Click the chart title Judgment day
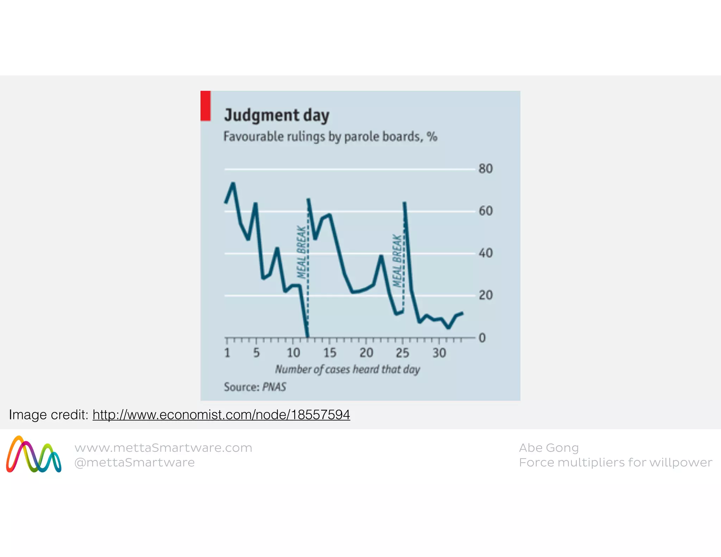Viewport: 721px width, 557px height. [277, 115]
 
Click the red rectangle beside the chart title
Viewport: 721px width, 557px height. [206, 106]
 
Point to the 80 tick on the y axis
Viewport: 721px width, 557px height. [485, 169]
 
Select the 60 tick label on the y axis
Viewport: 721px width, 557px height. [485, 211]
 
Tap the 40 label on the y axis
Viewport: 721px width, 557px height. [485, 253]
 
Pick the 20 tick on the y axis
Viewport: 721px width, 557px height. [485, 295]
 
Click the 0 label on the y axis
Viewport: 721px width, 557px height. [482, 338]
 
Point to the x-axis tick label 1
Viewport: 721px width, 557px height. [227, 352]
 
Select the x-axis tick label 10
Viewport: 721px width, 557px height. [293, 352]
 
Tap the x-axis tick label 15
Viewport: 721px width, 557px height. [330, 352]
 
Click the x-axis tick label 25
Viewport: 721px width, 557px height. [402, 352]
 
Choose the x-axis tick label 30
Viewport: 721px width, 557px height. [439, 352]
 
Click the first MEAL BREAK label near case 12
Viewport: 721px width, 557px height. [301, 252]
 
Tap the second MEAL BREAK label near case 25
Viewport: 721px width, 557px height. [397, 261]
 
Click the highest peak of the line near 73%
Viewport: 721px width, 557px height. [233, 183]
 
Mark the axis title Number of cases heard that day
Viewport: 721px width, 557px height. [347, 369]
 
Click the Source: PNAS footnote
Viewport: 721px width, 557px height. [255, 387]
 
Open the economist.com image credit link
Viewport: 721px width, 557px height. [221, 415]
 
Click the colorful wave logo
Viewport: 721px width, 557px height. [34, 455]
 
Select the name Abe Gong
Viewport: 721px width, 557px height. [548, 448]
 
